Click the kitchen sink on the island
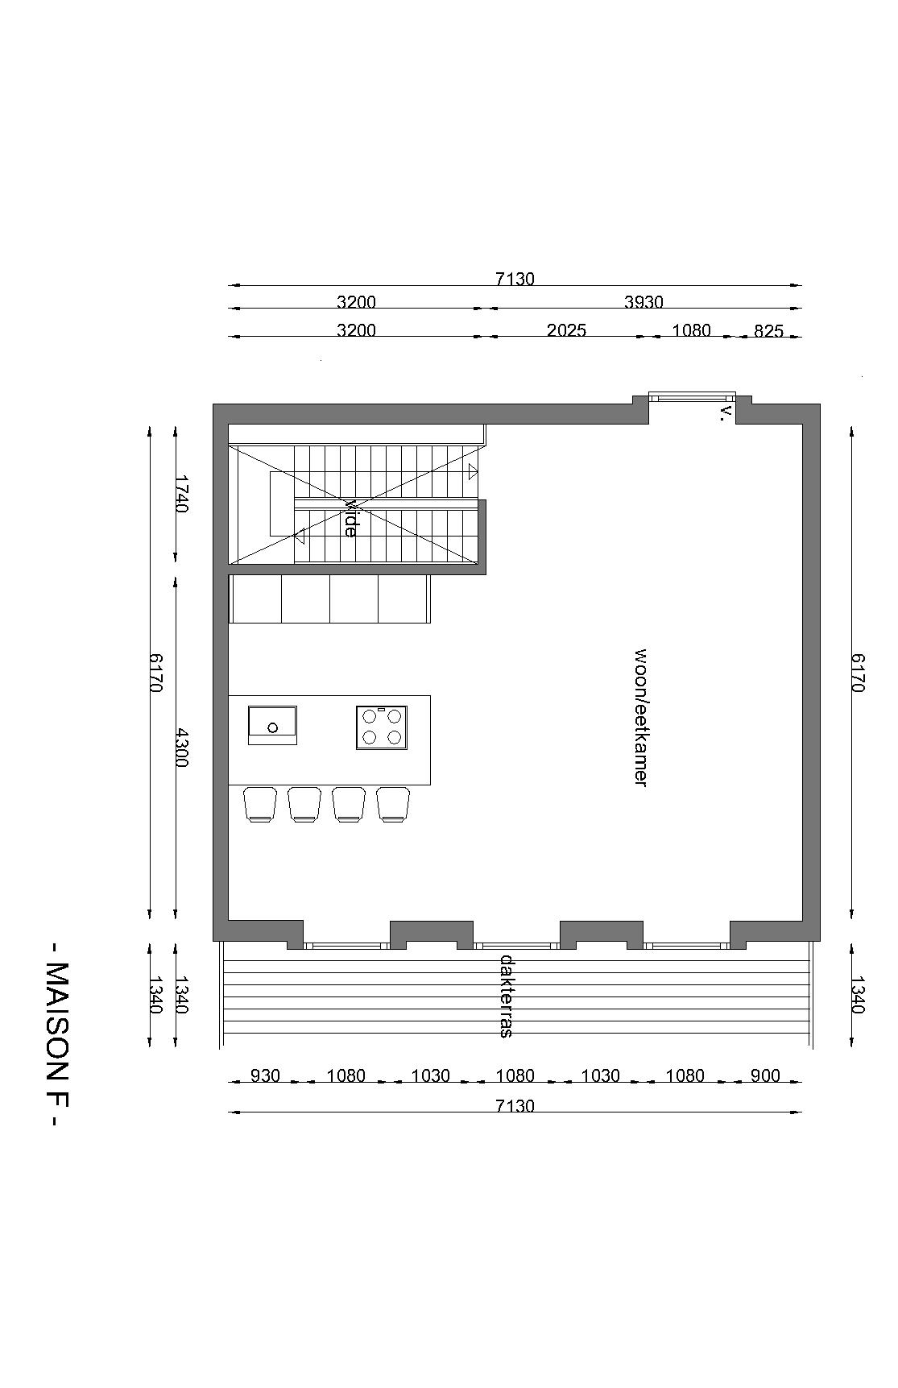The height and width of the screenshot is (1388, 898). tap(272, 725)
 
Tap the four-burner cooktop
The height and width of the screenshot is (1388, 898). tap(382, 727)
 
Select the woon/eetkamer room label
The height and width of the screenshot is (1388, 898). tap(641, 716)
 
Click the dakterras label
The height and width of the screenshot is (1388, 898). tap(507, 996)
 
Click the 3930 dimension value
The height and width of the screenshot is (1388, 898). tap(643, 302)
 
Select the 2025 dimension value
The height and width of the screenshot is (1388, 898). tap(566, 329)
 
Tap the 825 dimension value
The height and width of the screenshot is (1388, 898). tap(768, 330)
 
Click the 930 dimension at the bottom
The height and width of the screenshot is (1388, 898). tap(265, 1075)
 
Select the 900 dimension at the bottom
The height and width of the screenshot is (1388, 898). tap(765, 1075)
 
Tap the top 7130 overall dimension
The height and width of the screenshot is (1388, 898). tap(515, 279)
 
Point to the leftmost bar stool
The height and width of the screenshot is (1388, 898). tap(260, 804)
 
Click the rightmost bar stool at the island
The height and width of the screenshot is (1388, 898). tap(393, 804)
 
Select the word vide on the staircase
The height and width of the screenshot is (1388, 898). tap(350, 518)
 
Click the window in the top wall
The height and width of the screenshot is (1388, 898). tap(693, 397)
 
